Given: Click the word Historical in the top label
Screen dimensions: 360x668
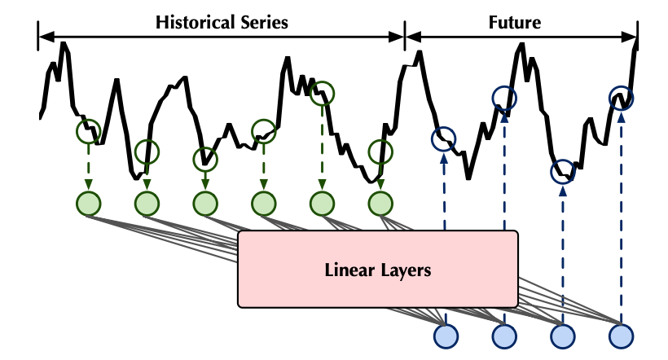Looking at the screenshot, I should [192, 22].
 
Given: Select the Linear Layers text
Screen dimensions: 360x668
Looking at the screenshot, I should [377, 270].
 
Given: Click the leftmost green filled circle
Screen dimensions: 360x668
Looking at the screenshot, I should [88, 202].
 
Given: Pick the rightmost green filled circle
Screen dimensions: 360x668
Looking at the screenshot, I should [380, 202].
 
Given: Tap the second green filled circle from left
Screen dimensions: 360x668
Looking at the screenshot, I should [147, 202].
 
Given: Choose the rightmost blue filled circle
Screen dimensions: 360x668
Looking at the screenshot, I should [621, 335].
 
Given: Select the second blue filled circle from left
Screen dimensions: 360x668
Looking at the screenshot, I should [504, 335].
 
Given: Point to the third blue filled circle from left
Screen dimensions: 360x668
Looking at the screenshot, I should [563, 335].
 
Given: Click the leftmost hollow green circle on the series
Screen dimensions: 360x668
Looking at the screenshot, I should [88, 130].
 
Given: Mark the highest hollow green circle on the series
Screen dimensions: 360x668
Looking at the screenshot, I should [322, 94].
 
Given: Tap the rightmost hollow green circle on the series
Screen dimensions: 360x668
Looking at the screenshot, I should [380, 151].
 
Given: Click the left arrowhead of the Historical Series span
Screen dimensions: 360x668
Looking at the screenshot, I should [45, 36].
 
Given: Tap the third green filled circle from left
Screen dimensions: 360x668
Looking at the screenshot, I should [204, 202].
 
